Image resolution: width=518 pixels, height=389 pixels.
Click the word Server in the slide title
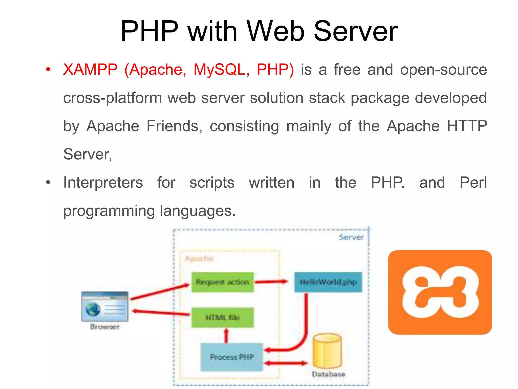tap(355, 31)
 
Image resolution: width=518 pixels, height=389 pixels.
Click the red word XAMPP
tap(90, 69)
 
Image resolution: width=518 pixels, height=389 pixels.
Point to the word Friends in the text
tap(174, 126)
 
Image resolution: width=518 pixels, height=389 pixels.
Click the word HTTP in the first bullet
tap(467, 126)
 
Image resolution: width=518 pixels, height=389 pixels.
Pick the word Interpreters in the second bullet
tap(103, 183)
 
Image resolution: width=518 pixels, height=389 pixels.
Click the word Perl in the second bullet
tap(473, 182)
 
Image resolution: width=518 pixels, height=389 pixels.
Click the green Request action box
tap(222, 282)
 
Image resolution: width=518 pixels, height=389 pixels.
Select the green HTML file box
tap(222, 318)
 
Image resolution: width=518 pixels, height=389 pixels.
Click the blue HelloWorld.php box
tap(328, 282)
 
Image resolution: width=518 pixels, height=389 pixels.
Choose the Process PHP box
tap(232, 357)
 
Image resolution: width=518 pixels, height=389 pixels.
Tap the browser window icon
tap(105, 307)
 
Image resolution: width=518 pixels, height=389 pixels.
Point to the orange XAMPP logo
tap(440, 292)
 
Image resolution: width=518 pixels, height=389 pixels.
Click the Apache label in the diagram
tap(199, 259)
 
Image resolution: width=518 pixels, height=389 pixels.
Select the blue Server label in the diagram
tap(351, 237)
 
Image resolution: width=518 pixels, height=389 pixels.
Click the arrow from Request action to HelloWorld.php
tap(271, 282)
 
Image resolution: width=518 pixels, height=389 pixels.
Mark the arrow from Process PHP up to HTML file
tap(226, 336)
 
